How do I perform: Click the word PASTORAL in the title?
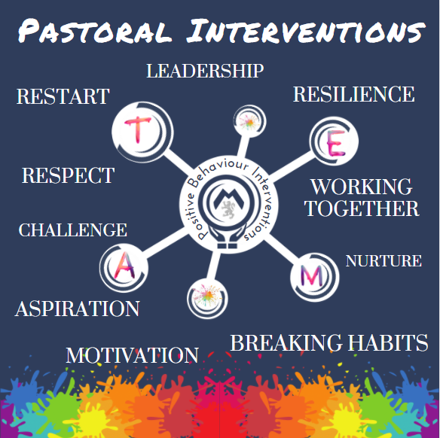tap(95, 30)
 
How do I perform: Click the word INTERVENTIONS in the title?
tap(306, 30)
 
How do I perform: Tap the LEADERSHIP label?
tap(205, 71)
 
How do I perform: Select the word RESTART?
tap(63, 96)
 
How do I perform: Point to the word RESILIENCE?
tap(354, 94)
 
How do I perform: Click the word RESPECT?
tap(69, 175)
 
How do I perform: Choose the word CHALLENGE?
tap(72, 230)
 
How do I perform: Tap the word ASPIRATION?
tap(78, 309)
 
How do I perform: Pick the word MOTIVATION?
tap(133, 355)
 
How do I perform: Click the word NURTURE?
tap(383, 261)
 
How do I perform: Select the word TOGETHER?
tap(362, 208)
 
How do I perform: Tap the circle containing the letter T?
tap(142, 132)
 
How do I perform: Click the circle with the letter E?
tap(334, 141)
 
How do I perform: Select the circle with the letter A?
tap(124, 268)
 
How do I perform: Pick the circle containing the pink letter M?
tap(314, 278)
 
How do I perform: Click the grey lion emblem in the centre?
tap(228, 209)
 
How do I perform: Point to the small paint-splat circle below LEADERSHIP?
tap(249, 121)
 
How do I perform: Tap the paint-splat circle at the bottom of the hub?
tap(207, 299)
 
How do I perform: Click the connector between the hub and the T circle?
tap(178, 163)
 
